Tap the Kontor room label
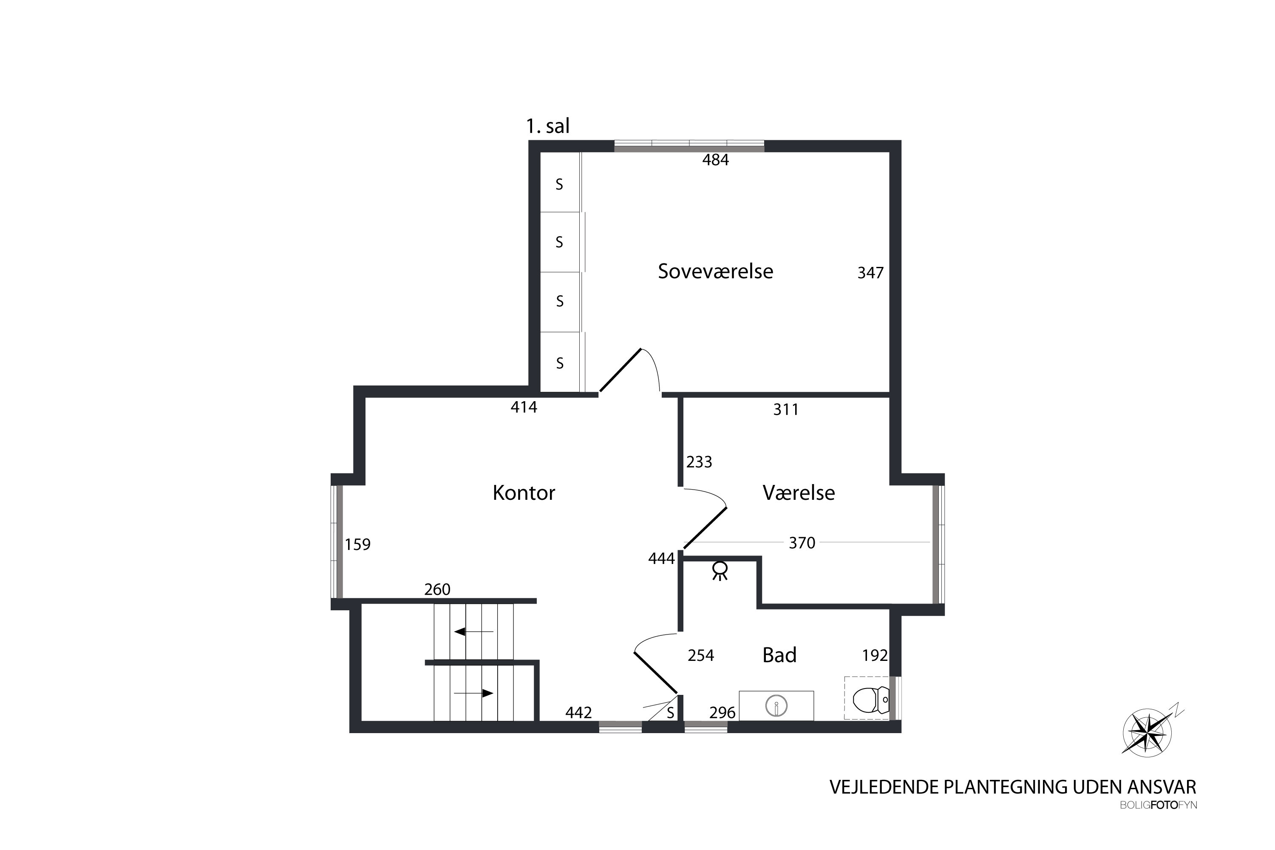click(524, 493)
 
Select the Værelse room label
click(799, 493)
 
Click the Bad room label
click(779, 655)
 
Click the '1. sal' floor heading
click(547, 126)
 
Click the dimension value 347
click(870, 273)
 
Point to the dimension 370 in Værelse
click(802, 543)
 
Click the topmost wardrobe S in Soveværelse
click(559, 185)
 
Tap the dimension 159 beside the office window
click(358, 544)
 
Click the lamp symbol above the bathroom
click(720, 570)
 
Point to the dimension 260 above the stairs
click(437, 589)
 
